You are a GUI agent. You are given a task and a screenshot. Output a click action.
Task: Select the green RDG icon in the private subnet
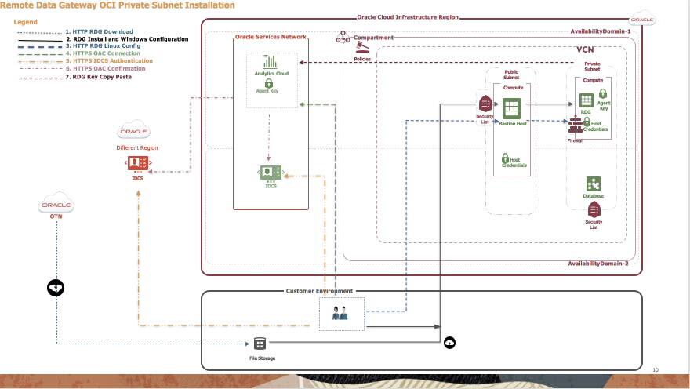click(585, 100)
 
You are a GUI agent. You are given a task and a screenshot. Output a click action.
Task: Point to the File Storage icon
click(260, 344)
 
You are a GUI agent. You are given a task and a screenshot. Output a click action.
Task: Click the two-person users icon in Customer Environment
click(341, 313)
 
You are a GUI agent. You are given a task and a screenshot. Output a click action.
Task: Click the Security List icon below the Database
click(594, 209)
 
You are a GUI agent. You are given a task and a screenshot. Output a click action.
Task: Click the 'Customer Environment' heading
click(319, 291)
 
